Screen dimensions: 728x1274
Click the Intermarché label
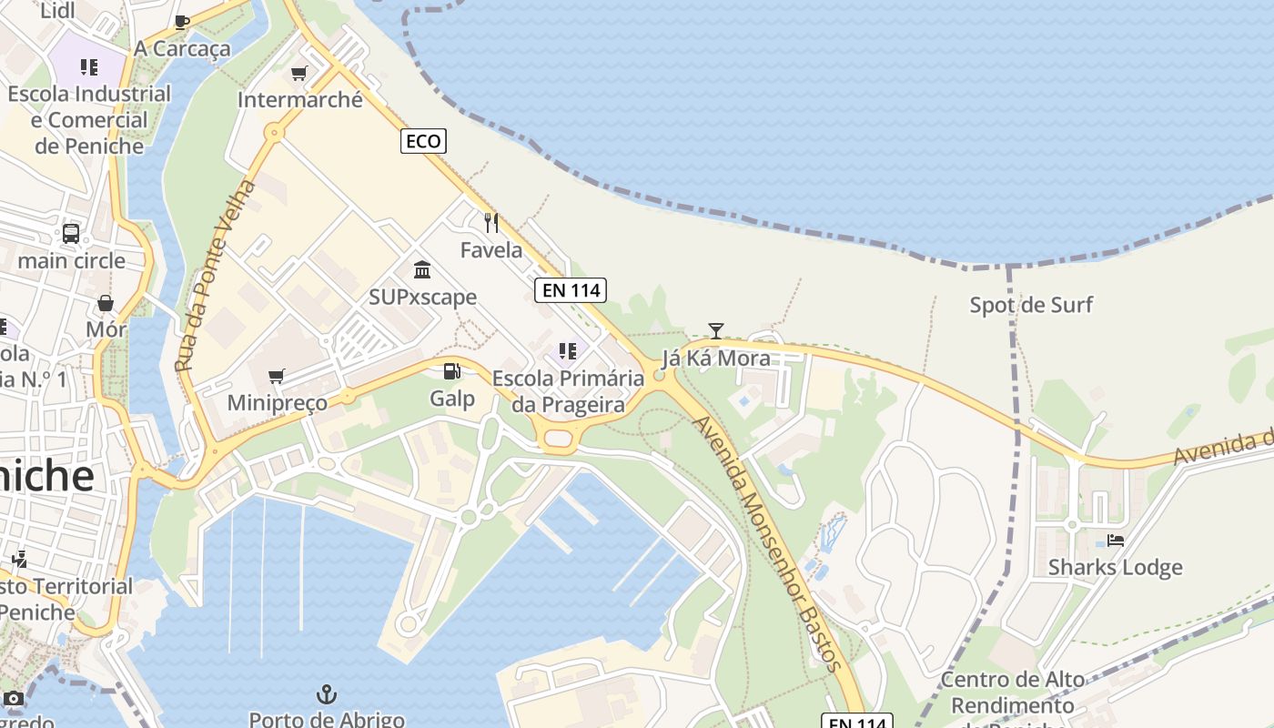pyautogui.click(x=300, y=100)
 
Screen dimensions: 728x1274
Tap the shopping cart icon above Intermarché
pyautogui.click(x=299, y=73)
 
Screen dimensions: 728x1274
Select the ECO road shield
pyautogui.click(x=423, y=141)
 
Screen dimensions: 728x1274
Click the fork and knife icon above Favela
pyautogui.click(x=491, y=223)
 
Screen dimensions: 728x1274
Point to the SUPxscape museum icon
pyautogui.click(x=422, y=269)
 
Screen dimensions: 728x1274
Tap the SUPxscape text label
pyautogui.click(x=422, y=297)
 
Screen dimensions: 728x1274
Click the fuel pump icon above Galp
pyautogui.click(x=451, y=371)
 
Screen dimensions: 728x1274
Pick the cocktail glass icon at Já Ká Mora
pyautogui.click(x=716, y=331)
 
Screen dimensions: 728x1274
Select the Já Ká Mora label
pyautogui.click(x=716, y=359)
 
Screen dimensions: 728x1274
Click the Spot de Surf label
pyautogui.click(x=1031, y=305)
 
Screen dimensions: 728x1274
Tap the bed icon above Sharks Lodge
pyautogui.click(x=1116, y=541)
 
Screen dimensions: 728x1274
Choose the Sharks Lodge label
pyautogui.click(x=1116, y=567)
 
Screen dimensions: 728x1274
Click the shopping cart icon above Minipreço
pyautogui.click(x=277, y=376)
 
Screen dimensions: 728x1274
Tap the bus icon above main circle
pyautogui.click(x=71, y=234)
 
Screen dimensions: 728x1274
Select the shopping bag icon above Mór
pyautogui.click(x=106, y=303)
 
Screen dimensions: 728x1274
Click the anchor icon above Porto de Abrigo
pyautogui.click(x=327, y=695)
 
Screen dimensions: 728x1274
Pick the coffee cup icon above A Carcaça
pyautogui.click(x=182, y=22)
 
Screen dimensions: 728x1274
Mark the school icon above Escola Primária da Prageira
pyautogui.click(x=568, y=351)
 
